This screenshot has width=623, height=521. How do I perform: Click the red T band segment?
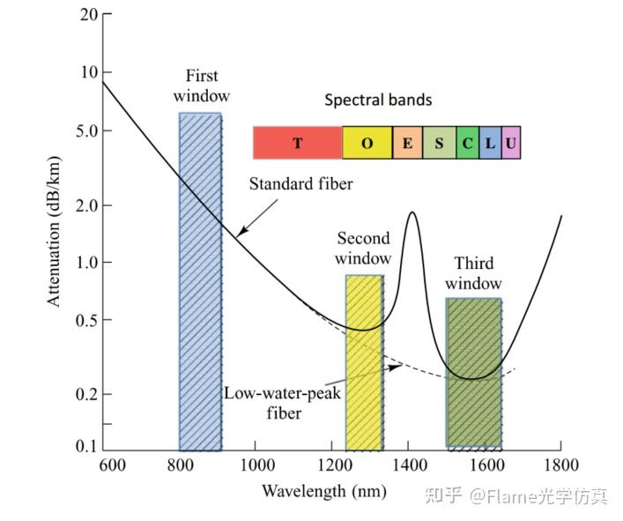[x=298, y=143]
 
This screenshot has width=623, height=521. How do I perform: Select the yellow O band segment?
[x=367, y=143]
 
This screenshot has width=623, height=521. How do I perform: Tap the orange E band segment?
[x=407, y=143]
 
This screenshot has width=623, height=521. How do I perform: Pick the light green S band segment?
[x=439, y=143]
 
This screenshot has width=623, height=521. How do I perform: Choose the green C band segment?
[x=467, y=143]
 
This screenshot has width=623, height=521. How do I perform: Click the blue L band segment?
[x=490, y=143]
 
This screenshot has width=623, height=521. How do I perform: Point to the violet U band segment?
[x=511, y=143]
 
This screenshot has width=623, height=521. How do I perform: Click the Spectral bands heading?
[x=378, y=100]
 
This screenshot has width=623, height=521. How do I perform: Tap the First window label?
[x=202, y=86]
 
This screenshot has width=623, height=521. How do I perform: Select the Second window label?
[x=363, y=249]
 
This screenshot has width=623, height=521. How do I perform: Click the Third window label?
[x=473, y=273]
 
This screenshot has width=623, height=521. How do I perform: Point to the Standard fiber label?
[x=300, y=184]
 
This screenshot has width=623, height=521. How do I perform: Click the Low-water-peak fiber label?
[x=283, y=403]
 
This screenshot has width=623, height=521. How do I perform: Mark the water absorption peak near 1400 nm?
[x=412, y=212]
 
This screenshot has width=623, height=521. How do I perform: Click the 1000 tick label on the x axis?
[x=257, y=465]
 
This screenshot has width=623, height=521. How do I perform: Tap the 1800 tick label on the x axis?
[x=560, y=465]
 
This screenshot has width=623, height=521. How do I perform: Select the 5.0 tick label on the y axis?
[x=86, y=130]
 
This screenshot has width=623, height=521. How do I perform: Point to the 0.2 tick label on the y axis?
[x=86, y=394]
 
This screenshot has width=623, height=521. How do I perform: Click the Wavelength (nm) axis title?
[x=324, y=491]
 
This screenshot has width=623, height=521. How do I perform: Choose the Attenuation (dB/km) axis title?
[x=54, y=231]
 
